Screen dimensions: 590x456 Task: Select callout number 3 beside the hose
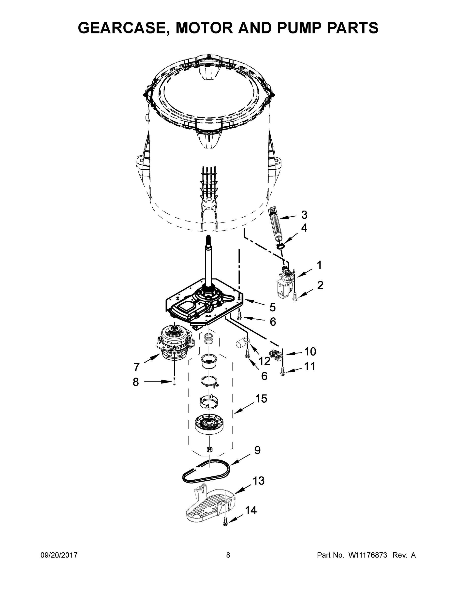304,215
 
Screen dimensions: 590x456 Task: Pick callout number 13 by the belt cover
259,481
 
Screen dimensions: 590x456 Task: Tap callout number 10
310,352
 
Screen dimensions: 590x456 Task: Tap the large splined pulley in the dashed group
210,424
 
